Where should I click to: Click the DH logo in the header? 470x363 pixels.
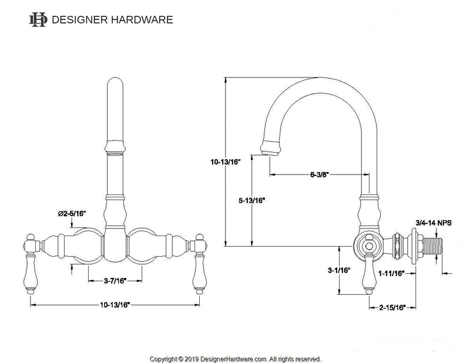pyautogui.click(x=38, y=19)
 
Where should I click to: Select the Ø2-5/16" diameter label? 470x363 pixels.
pyautogui.click(x=72, y=214)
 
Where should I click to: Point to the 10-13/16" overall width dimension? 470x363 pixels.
pyautogui.click(x=114, y=305)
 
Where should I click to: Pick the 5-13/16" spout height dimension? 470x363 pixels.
pyautogui.click(x=251, y=200)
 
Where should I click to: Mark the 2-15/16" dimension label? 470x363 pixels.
pyautogui.click(x=392, y=307)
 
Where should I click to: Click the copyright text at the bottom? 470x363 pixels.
pyautogui.click(x=235, y=358)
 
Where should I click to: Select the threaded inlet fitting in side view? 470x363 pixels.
pyautogui.click(x=432, y=245)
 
